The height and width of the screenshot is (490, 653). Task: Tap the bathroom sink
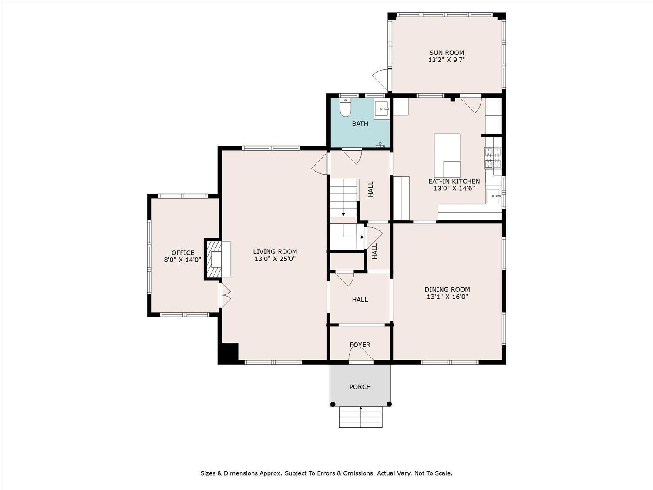tap(381, 108)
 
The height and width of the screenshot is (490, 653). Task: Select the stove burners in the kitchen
tap(492, 158)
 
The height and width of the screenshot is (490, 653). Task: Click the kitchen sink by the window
tap(494, 196)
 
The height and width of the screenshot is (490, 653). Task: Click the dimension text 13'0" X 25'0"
tap(275, 259)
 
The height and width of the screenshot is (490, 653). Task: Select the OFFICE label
tap(183, 253)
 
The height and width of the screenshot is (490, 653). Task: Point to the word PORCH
tap(360, 387)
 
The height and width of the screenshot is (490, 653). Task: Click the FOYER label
tap(360, 345)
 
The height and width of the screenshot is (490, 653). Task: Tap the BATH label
tap(360, 124)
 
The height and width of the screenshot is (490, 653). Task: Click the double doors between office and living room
tap(225, 295)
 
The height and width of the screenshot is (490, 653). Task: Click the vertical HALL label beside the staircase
tap(371, 189)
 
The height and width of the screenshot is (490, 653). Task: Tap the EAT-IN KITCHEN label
tap(454, 181)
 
